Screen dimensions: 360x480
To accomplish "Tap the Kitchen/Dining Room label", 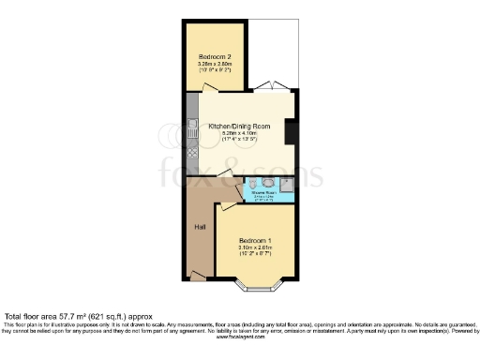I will coord(241,126).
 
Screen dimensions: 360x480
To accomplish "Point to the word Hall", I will coord(200,226).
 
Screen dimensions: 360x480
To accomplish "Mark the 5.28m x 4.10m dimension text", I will coord(241,134).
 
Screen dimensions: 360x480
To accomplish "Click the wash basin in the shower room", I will coord(269,183).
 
